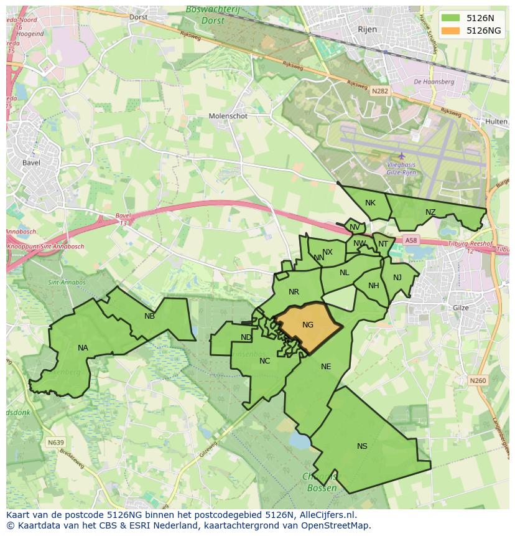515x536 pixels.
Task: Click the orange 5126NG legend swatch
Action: (x=452, y=31)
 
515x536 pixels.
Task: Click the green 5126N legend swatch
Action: (x=452, y=18)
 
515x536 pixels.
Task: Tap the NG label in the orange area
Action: (x=308, y=325)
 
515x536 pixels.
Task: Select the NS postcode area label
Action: (x=362, y=446)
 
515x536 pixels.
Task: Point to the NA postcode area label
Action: (x=83, y=348)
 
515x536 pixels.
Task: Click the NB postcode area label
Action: (x=149, y=316)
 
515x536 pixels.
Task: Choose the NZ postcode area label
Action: (x=430, y=212)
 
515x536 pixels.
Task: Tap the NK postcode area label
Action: (x=370, y=203)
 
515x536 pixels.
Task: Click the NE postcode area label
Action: (x=326, y=367)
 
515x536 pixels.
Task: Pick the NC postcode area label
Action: (x=265, y=361)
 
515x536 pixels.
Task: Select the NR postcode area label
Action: (x=294, y=292)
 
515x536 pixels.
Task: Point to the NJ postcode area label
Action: (x=397, y=278)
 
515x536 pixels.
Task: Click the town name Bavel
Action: (x=30, y=163)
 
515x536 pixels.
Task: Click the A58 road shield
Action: (x=411, y=240)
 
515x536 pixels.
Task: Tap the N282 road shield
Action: (x=379, y=91)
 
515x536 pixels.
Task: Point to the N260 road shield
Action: (x=478, y=380)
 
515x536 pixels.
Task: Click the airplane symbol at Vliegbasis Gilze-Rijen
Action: (x=401, y=156)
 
